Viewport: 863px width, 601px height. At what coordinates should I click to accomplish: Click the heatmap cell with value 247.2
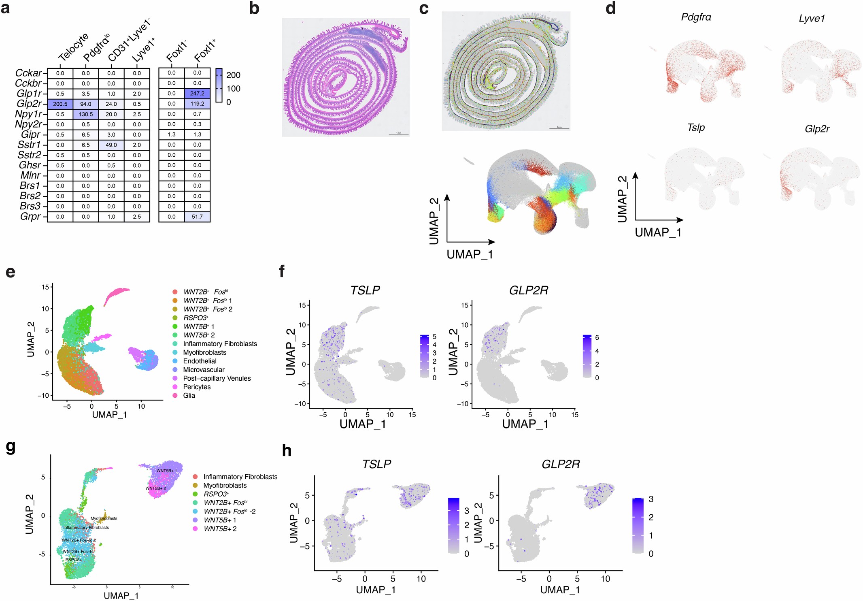tap(197, 94)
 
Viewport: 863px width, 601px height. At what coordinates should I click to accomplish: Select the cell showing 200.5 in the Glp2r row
tap(60, 104)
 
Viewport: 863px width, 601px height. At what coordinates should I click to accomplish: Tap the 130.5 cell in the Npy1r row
tap(86, 114)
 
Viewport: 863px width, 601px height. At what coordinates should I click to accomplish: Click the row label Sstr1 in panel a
tap(29, 145)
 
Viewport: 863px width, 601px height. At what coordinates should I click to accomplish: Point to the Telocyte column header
tap(73, 48)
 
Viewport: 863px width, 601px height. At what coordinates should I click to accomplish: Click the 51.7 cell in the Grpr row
tap(197, 217)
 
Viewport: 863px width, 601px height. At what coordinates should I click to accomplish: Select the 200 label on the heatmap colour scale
tap(233, 75)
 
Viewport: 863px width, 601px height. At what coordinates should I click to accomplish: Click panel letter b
tap(254, 9)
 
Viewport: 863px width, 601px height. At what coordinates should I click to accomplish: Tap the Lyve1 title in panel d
tap(811, 19)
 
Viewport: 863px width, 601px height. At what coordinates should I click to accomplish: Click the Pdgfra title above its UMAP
tap(696, 17)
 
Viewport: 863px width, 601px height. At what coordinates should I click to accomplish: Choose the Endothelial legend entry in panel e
tap(200, 361)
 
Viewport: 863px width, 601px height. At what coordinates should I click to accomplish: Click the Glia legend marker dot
tap(175, 395)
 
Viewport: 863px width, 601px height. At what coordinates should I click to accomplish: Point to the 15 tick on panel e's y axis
tap(45, 287)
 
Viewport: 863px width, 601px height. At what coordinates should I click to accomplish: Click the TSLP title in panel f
tap(365, 290)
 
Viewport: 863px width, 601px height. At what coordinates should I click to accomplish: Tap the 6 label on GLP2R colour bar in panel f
tap(597, 338)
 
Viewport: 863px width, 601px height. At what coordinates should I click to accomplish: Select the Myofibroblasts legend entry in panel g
tap(225, 485)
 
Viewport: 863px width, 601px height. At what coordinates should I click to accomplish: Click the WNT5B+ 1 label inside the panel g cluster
tap(166, 471)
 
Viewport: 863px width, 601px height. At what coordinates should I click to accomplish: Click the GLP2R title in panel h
tap(561, 464)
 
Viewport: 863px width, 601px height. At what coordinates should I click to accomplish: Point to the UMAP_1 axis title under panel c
tap(470, 254)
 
